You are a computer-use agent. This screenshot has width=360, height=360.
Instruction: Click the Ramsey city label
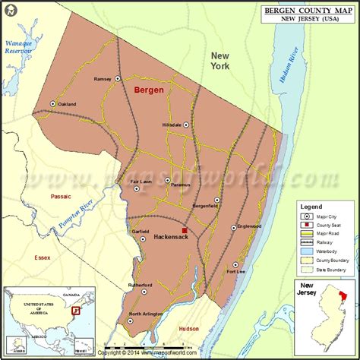(103, 78)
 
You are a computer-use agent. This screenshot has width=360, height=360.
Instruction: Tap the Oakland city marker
(52, 103)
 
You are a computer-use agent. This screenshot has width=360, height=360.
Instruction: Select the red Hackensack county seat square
(184, 229)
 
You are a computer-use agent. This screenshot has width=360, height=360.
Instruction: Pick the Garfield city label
(141, 231)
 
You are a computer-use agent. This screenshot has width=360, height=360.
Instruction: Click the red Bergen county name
(149, 90)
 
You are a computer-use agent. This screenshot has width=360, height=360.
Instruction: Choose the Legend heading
(311, 207)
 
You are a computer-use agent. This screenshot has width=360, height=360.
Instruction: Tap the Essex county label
(43, 257)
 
